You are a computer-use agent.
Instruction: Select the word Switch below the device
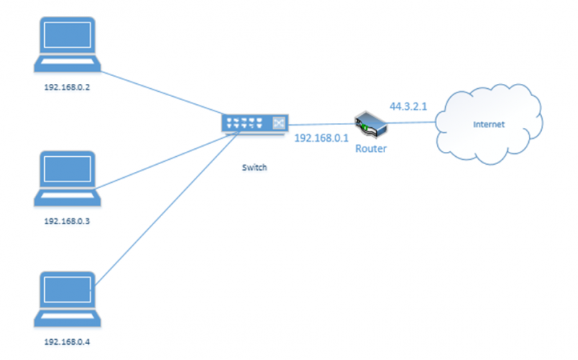(254, 167)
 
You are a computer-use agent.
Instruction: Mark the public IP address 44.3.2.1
(409, 106)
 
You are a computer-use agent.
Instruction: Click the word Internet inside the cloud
(488, 124)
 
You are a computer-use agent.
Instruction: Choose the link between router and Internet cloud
(412, 124)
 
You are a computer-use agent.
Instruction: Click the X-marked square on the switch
(277, 124)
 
